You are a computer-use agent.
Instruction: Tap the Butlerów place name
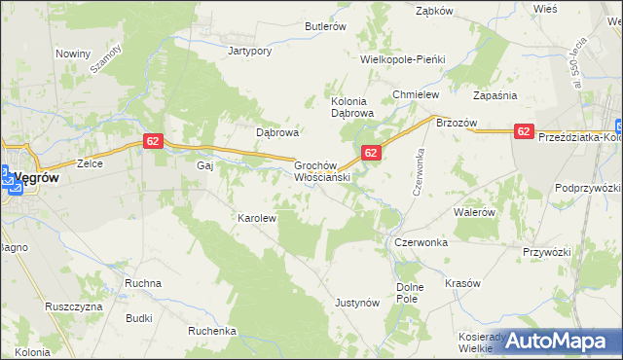click(x=325, y=27)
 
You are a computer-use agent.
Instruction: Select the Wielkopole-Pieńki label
click(x=402, y=59)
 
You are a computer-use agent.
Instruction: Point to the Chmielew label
click(x=416, y=94)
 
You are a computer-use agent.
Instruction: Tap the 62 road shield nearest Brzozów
click(x=524, y=131)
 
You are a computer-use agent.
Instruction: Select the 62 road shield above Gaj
click(x=152, y=141)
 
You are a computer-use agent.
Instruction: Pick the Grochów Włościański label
click(x=321, y=172)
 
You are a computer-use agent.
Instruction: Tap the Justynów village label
click(x=356, y=303)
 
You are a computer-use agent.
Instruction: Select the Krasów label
click(x=462, y=283)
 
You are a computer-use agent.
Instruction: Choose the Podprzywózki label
click(x=587, y=187)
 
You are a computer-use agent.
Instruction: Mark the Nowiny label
click(x=73, y=54)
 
